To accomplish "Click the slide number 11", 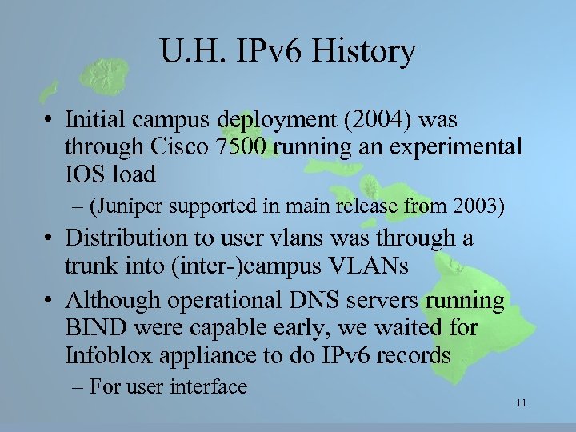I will (x=521, y=402).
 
